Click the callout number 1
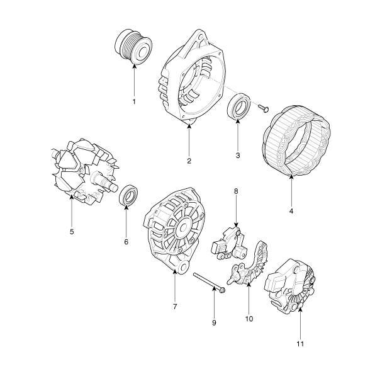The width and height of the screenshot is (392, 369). point(134,101)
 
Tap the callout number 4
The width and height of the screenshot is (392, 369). point(291,211)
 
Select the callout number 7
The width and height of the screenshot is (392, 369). point(175,306)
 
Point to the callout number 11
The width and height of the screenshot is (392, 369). point(300,344)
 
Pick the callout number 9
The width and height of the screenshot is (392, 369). point(214,323)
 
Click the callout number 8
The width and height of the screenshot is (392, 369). point(236,191)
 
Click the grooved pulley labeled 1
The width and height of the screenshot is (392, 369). point(133,47)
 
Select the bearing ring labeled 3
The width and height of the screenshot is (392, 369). point(238,106)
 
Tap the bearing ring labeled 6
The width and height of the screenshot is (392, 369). point(128,195)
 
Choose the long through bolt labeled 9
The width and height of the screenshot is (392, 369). point(210,283)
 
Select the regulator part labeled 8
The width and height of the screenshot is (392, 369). point(230,244)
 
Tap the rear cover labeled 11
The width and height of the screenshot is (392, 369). point(289,286)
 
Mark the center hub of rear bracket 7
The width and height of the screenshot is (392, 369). point(184,228)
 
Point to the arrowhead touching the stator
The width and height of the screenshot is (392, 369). point(291,177)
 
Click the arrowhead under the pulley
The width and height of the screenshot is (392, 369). point(134,65)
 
